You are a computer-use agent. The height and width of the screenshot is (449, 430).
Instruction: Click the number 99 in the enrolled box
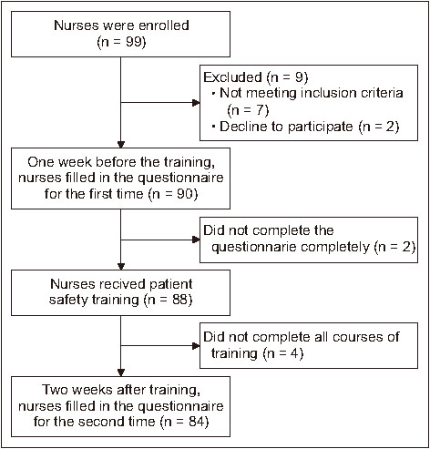click(x=134, y=42)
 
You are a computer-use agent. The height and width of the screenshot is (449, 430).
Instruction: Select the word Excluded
click(x=232, y=77)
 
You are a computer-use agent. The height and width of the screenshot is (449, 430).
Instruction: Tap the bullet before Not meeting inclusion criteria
click(x=213, y=93)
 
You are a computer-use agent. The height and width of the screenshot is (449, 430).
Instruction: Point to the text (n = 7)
click(x=248, y=110)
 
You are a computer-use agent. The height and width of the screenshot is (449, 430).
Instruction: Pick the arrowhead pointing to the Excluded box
click(x=196, y=103)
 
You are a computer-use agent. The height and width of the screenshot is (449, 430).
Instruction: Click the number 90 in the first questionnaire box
click(x=185, y=194)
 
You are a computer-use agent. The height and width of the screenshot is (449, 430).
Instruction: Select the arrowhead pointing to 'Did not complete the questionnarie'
click(x=196, y=240)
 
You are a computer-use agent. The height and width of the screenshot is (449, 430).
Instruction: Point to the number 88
click(x=180, y=300)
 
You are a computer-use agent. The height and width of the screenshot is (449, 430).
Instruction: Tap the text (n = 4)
click(x=283, y=353)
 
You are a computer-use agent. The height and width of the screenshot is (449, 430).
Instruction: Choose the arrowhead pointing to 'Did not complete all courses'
click(x=196, y=346)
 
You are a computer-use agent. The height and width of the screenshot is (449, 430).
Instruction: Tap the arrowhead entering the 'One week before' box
click(x=121, y=144)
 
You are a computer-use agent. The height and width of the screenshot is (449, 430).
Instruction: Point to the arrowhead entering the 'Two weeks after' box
click(x=121, y=372)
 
